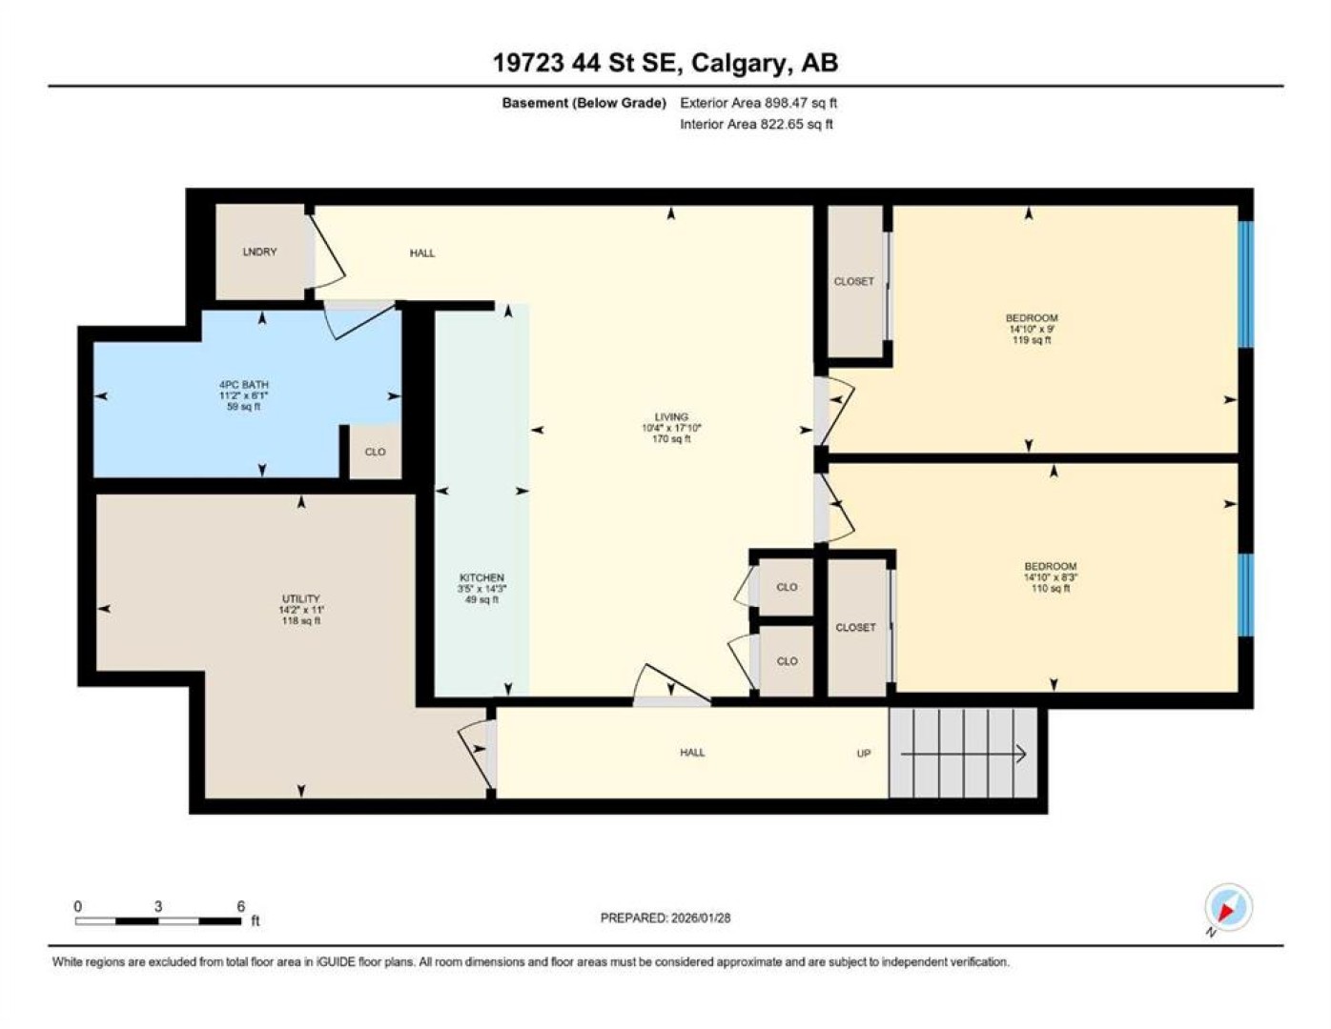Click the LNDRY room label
(x=259, y=252)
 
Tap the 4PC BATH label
(x=244, y=384)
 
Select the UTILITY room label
(x=300, y=598)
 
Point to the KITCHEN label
(x=482, y=577)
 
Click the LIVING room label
(x=671, y=417)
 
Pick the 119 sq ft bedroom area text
(x=1032, y=340)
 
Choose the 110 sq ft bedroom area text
(x=1051, y=588)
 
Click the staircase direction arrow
(x=964, y=755)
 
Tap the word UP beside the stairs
(x=864, y=753)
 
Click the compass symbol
(x=1228, y=907)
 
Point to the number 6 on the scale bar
(x=240, y=906)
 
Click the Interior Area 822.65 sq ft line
(x=756, y=124)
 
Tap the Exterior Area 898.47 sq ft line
(x=758, y=103)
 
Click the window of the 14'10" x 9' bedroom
(x=1246, y=285)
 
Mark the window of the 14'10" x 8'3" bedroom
(x=1246, y=595)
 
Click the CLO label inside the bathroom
(x=375, y=452)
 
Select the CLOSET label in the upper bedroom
(x=854, y=282)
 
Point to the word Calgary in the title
(x=737, y=63)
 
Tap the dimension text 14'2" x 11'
(x=300, y=610)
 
